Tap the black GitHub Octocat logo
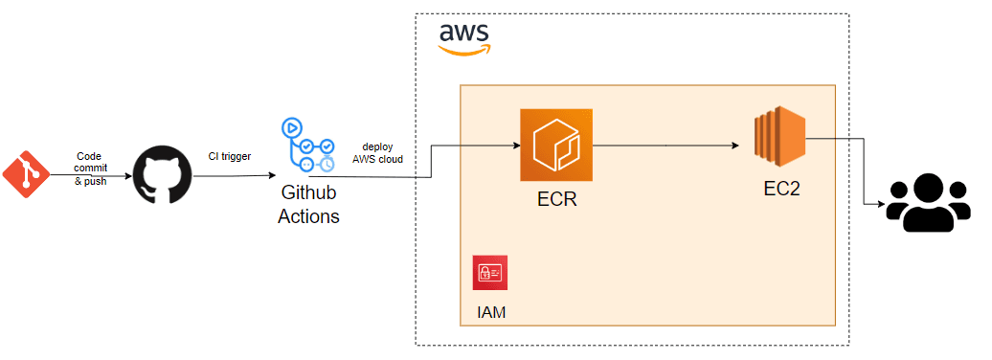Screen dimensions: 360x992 [160, 175]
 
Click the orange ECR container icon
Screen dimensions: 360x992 [556, 146]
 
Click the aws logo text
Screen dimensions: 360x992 [464, 33]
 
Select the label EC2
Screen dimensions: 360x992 [780, 189]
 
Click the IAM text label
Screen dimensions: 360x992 [490, 311]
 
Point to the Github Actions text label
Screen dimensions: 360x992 [308, 206]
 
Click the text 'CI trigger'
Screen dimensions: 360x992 [230, 155]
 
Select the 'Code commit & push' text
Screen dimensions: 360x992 [89, 169]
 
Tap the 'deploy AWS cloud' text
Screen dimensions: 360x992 [377, 152]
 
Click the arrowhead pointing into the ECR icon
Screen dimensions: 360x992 [514, 146]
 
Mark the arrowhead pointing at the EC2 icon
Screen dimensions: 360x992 [735, 146]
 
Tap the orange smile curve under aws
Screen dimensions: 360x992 [463, 51]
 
